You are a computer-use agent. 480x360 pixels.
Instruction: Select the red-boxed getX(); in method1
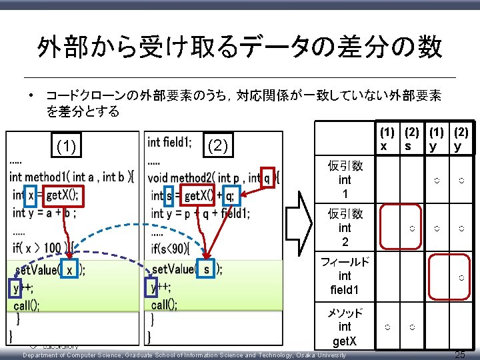[62, 195]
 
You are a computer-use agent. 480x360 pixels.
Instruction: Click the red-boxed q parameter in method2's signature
[267, 177]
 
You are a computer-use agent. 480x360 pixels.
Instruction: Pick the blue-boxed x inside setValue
[69, 271]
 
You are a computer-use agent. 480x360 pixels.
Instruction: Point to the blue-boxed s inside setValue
[207, 270]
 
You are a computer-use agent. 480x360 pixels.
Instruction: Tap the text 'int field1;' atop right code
[169, 142]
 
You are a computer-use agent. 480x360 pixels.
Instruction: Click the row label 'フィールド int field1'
[345, 276]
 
